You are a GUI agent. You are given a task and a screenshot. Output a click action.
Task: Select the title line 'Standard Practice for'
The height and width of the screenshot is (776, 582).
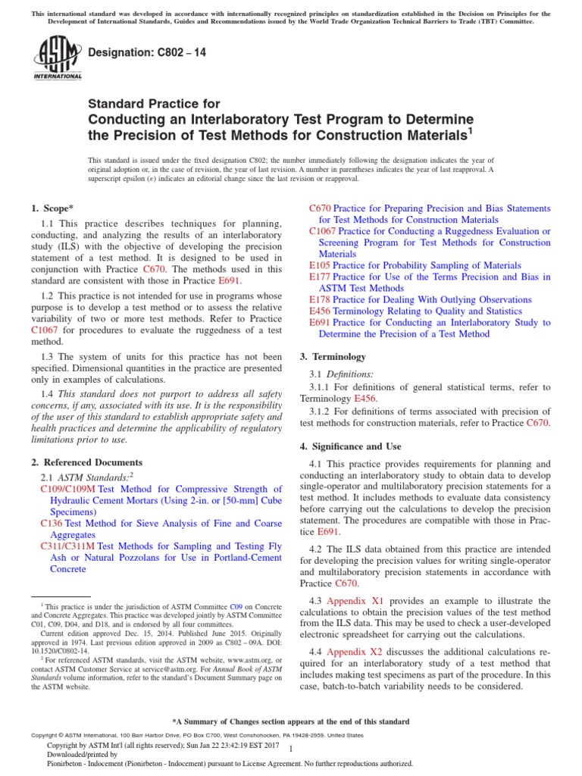coord(155,104)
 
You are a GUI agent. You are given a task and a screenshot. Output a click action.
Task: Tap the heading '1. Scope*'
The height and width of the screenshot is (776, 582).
coord(52,208)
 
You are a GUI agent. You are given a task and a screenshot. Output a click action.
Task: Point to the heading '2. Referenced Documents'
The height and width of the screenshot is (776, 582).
coord(86,462)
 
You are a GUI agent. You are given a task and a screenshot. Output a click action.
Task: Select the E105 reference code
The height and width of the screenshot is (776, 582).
coord(321,265)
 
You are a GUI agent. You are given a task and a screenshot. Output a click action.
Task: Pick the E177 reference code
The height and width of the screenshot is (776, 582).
coord(321,277)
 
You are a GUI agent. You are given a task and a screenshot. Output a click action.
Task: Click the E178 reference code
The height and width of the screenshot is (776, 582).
coord(321,299)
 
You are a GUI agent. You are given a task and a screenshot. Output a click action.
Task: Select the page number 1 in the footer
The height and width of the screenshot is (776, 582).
coord(291,749)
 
